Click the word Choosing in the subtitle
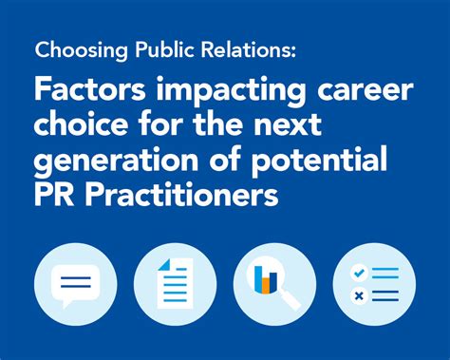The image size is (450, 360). (x=73, y=50)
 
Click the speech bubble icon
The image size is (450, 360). (x=73, y=281)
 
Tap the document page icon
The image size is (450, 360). (x=176, y=283)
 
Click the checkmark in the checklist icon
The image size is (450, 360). (x=358, y=273)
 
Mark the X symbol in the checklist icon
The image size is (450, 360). (x=358, y=294)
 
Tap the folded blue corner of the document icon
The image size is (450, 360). (x=164, y=265)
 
